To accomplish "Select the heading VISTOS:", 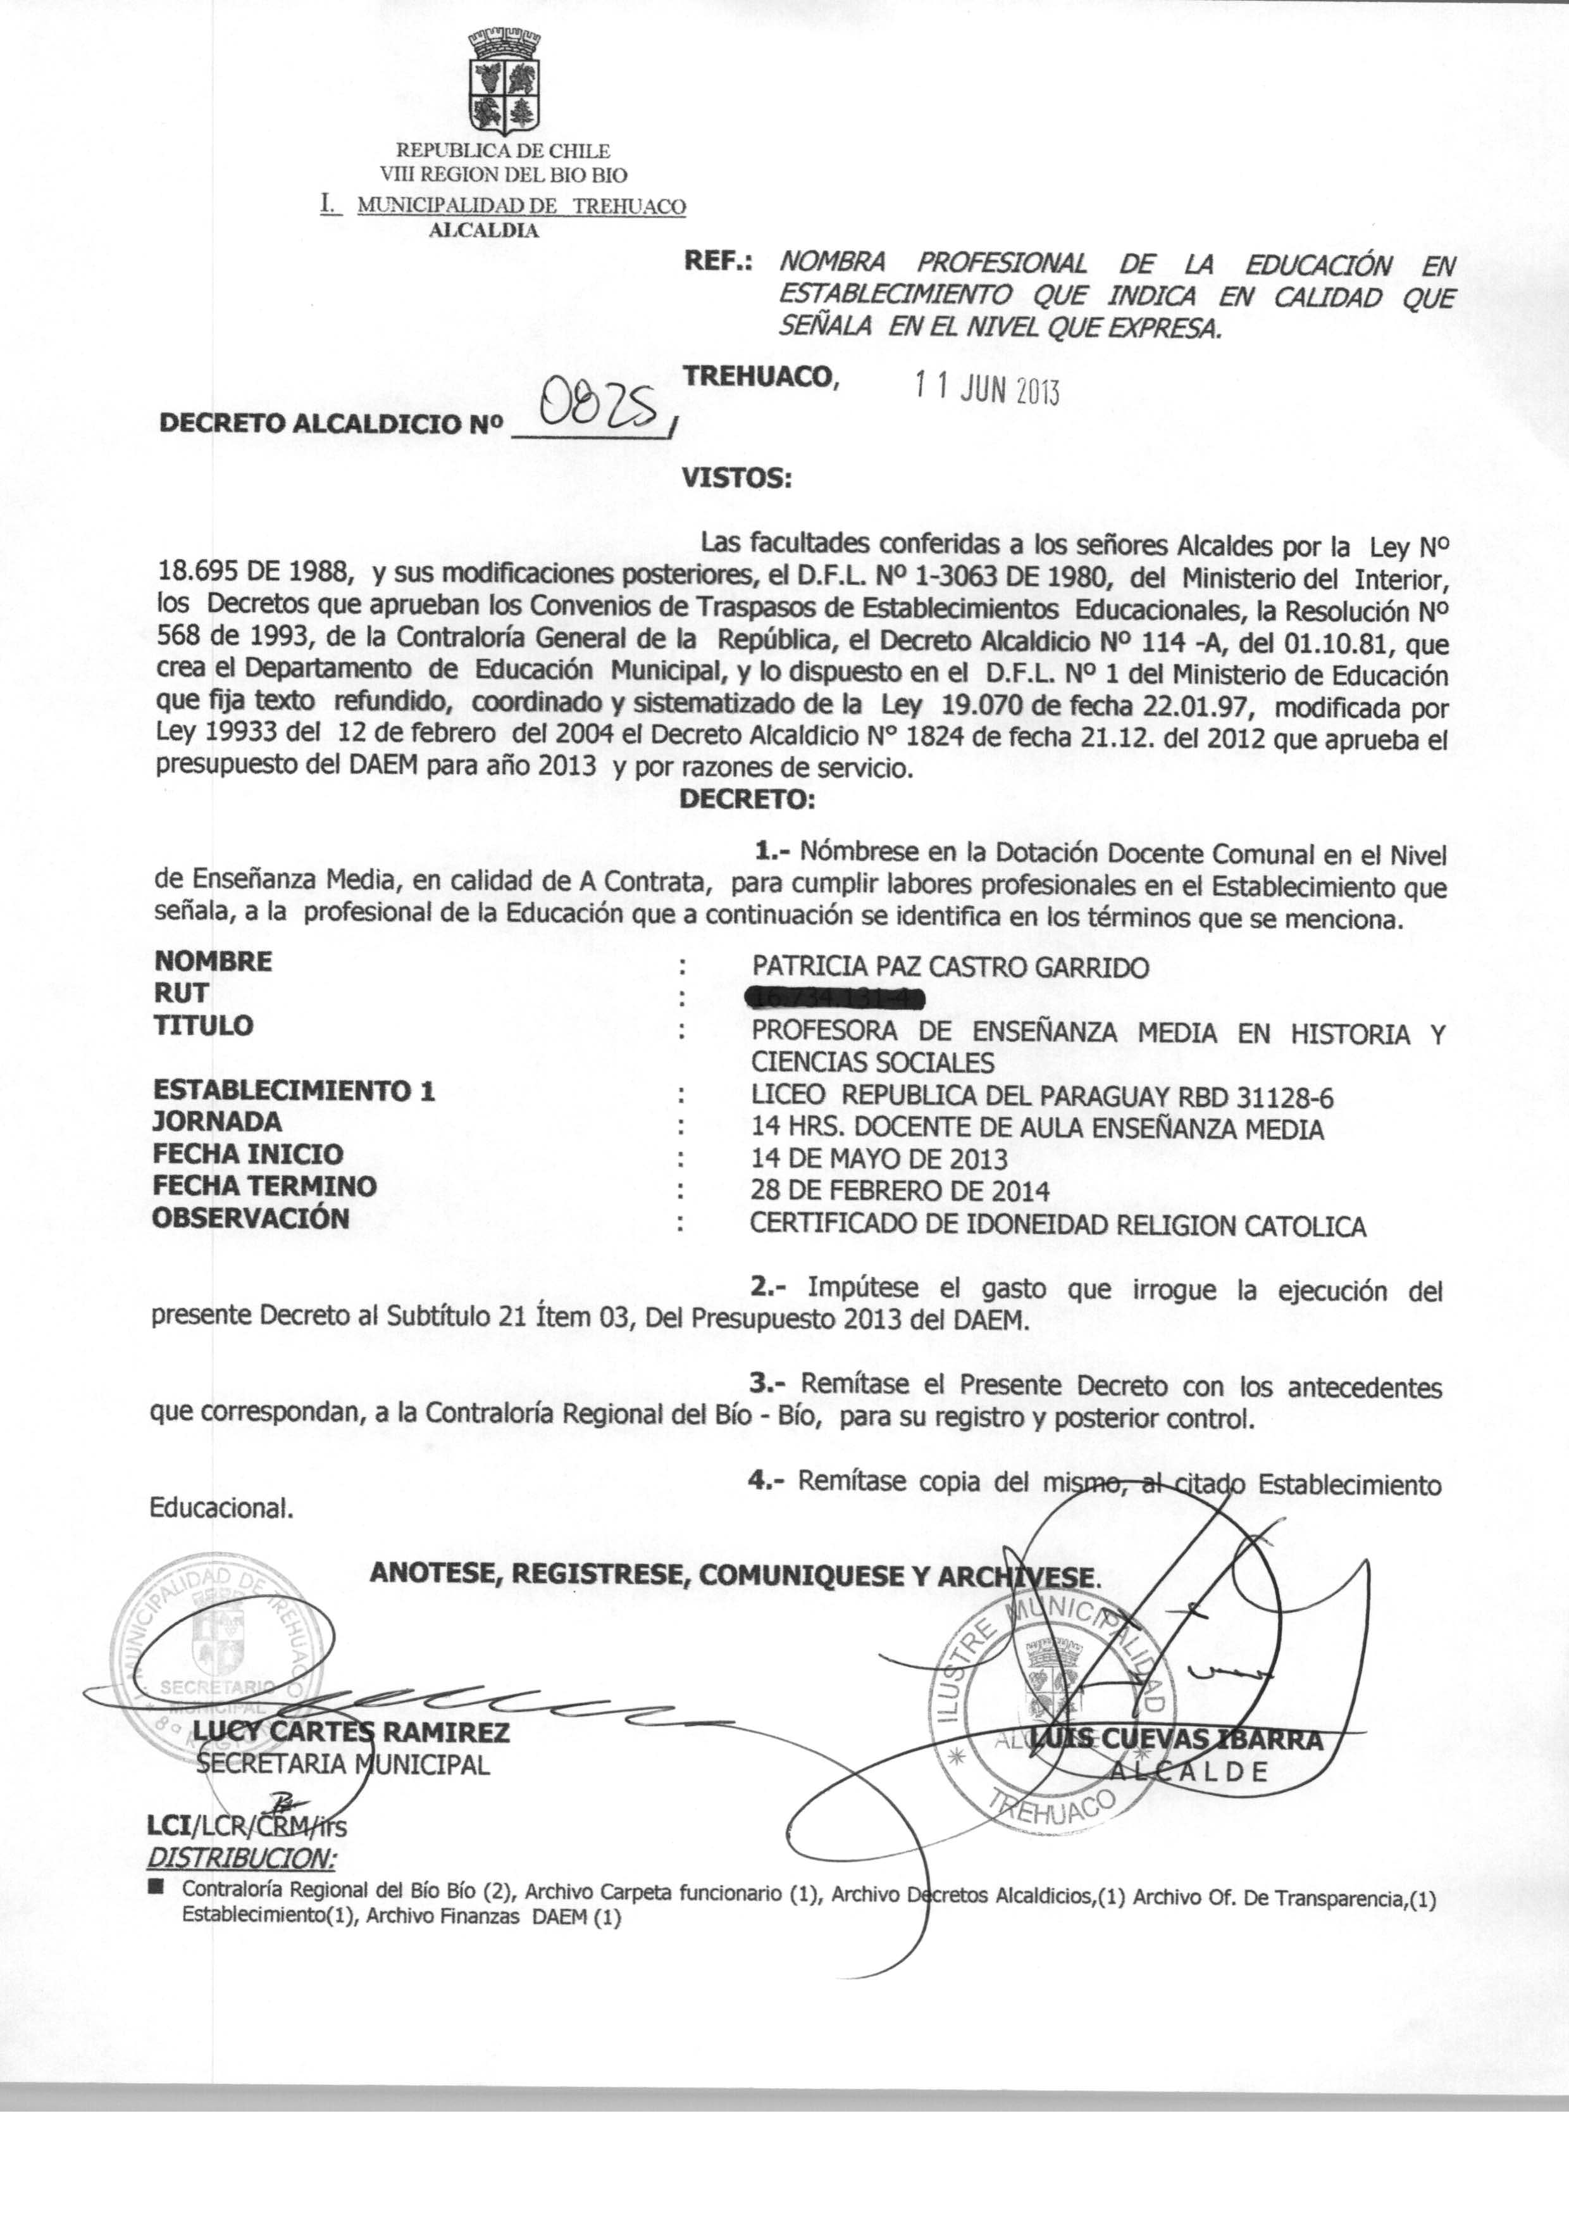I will [x=736, y=477].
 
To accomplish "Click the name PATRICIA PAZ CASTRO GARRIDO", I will [x=951, y=967].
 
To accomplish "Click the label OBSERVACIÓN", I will [x=251, y=1218].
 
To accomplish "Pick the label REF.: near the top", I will [x=720, y=262].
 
